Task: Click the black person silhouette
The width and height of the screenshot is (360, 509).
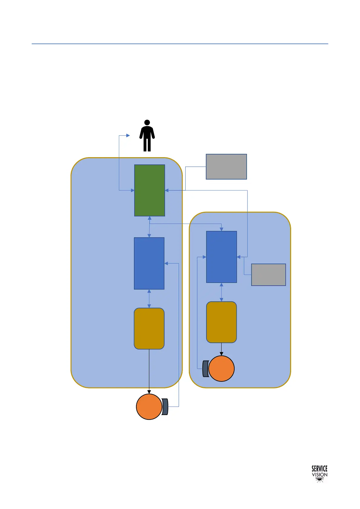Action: [147, 138]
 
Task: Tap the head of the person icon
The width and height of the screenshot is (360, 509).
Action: [147, 122]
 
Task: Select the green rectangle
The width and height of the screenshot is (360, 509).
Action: [150, 190]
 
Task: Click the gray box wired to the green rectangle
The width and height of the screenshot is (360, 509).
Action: [226, 167]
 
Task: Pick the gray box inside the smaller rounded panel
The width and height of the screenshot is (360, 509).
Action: [268, 275]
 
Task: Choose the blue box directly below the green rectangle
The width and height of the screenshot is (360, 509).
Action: [149, 263]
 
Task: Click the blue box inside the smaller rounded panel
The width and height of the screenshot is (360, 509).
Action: [222, 257]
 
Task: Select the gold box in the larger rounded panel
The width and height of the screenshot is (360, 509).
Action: [149, 329]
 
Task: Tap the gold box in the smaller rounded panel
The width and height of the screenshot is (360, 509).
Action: [222, 322]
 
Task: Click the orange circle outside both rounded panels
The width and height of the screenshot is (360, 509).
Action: [149, 407]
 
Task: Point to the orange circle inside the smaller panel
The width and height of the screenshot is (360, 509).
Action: [222, 369]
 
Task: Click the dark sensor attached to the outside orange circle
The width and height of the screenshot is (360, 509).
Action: [165, 407]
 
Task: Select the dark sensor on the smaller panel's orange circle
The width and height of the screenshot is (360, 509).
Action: [206, 369]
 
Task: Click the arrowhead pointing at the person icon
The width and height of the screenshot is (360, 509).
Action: [128, 136]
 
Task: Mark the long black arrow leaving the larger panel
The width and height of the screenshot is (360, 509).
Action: [149, 372]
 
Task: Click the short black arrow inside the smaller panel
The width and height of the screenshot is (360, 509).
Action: [222, 349]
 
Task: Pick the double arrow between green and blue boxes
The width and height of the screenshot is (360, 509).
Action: [149, 227]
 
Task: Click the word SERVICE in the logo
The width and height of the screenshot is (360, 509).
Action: [319, 469]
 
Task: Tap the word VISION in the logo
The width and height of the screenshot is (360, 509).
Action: [319, 475]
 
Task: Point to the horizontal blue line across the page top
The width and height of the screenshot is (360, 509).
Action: [180, 44]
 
